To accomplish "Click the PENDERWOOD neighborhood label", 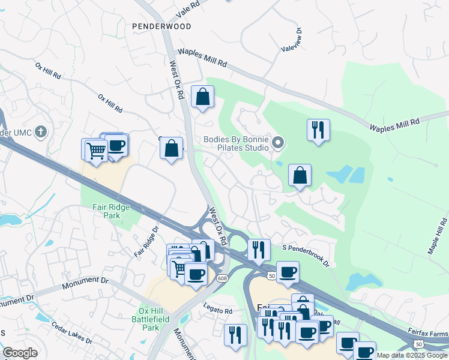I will click(x=162, y=26).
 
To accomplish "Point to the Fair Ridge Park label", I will click(x=111, y=211).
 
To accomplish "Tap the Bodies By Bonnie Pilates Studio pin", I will click(x=277, y=143).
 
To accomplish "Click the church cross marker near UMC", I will click(x=41, y=131).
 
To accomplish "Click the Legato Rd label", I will click(x=220, y=311).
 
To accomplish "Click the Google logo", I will click(x=20, y=353).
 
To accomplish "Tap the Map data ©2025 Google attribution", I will click(x=412, y=355).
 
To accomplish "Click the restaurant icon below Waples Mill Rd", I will click(x=318, y=130).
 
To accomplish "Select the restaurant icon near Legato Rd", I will click(x=235, y=334).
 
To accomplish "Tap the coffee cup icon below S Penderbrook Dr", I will click(x=288, y=272).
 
